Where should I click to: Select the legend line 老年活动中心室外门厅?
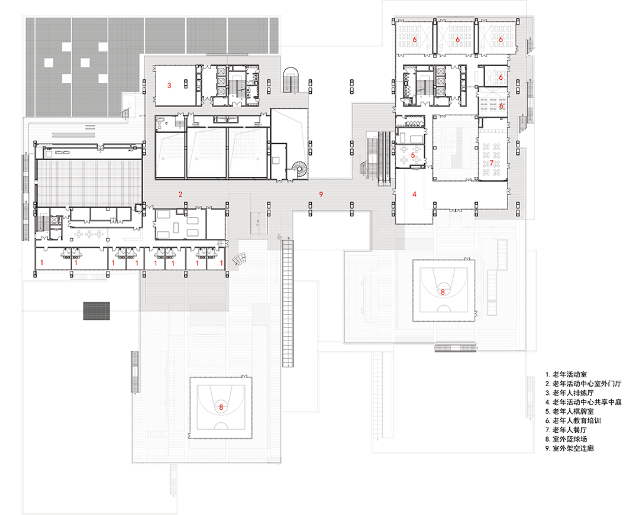(x=583, y=384)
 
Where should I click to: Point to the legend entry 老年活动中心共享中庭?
(x=583, y=402)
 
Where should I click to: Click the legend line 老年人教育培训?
(x=573, y=420)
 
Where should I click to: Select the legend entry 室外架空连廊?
(x=569, y=449)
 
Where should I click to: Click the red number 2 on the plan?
(x=180, y=195)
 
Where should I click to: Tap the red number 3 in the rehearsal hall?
(x=169, y=86)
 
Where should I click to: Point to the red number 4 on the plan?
(x=414, y=194)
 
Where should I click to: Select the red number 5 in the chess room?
(x=413, y=155)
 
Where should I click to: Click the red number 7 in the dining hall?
(x=492, y=163)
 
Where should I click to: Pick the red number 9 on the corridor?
(x=321, y=195)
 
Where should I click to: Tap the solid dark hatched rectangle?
(x=96, y=310)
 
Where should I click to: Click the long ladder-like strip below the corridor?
(x=288, y=303)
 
